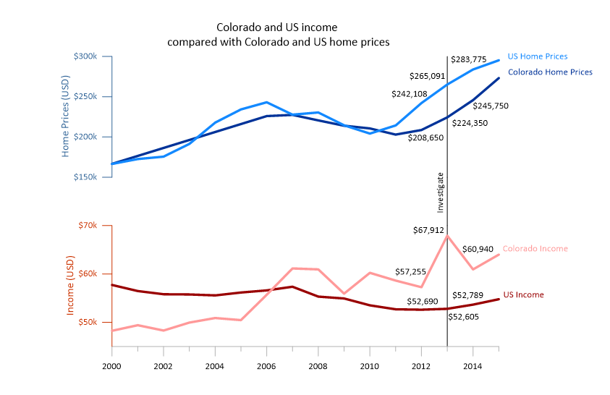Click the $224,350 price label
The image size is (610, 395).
point(470,123)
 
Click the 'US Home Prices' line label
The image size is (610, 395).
point(537,56)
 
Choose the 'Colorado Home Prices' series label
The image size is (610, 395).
point(550,72)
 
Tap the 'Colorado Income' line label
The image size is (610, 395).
point(535,249)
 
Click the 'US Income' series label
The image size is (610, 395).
point(523,295)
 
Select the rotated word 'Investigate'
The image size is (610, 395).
point(441,192)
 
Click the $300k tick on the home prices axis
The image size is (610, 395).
point(93,56)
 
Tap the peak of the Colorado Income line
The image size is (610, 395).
point(447,236)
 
